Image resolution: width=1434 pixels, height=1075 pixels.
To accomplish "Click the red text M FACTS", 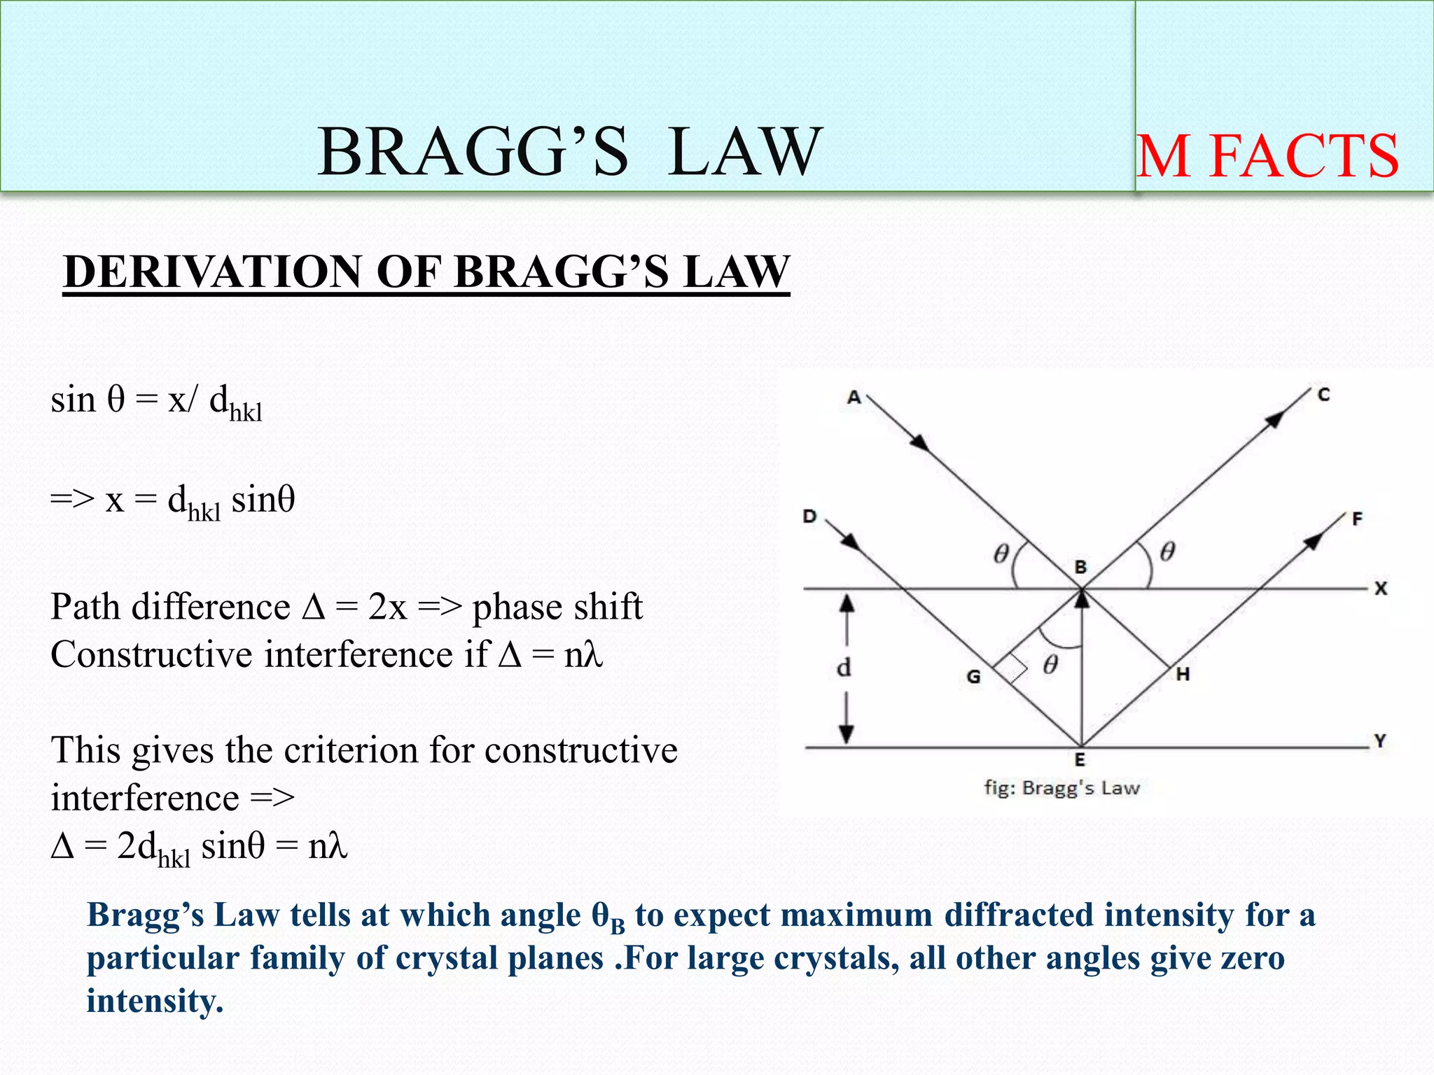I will (1267, 157).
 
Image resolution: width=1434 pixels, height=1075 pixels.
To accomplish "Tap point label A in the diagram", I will (854, 398).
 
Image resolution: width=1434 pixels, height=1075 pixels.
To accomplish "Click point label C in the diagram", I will (1323, 395).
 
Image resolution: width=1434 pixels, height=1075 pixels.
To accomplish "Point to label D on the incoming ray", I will (809, 517).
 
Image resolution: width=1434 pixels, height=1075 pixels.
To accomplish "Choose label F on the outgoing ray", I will (1357, 519).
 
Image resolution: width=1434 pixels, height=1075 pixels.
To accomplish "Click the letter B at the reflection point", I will (1080, 567).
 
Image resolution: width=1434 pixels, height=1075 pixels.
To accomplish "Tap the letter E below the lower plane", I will (1080, 760).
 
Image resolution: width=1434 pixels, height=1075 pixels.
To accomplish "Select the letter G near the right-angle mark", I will (973, 677).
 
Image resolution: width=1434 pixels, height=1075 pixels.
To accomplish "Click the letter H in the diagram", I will (1183, 675).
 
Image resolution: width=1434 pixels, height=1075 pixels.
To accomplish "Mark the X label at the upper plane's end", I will (1380, 589).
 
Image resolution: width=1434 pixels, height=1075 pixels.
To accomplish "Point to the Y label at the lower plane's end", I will (1379, 740).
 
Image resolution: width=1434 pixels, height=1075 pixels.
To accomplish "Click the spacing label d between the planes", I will (844, 668).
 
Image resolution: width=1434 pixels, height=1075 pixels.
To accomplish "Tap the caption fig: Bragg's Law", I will (1061, 788).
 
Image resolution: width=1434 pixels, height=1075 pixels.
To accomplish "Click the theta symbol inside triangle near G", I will (1050, 664).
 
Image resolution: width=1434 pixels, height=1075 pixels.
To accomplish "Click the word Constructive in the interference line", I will (151, 655).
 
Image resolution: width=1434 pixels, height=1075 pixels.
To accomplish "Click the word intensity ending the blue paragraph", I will (153, 1000).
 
